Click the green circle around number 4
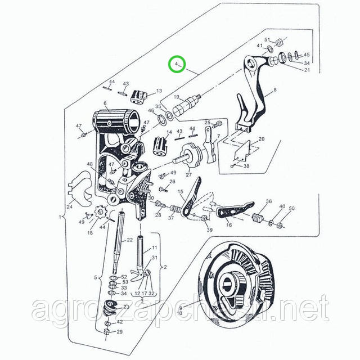pos(178,65)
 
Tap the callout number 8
pos(275,90)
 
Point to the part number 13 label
pos(159,91)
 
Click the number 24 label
pos(70,206)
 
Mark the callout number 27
pos(181,174)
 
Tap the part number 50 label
pos(291,208)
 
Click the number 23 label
pos(125,307)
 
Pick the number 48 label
pos(89,165)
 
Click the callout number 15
pos(181,192)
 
